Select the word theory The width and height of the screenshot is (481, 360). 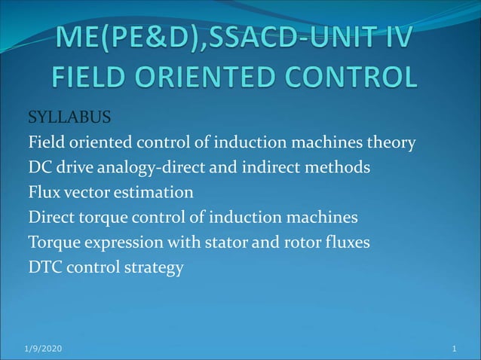pyautogui.click(x=394, y=143)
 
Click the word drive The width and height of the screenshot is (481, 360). pyautogui.click(x=73, y=168)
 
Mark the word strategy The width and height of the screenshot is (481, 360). pyautogui.click(x=155, y=268)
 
